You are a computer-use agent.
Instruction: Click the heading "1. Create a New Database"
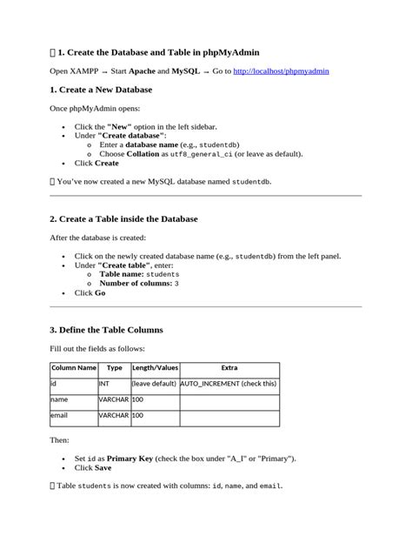pyautogui.click(x=103, y=90)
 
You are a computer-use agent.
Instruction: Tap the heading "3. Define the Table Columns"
pyautogui.click(x=106, y=330)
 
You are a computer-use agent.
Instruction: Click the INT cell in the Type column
pyautogui.click(x=104, y=383)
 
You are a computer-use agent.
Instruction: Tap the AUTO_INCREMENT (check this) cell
pyautogui.click(x=229, y=383)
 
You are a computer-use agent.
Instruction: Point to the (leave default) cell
pyautogui.click(x=154, y=383)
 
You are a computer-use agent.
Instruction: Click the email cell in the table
pyautogui.click(x=60, y=416)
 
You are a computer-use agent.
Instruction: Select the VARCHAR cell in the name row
pyautogui.click(x=113, y=399)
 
